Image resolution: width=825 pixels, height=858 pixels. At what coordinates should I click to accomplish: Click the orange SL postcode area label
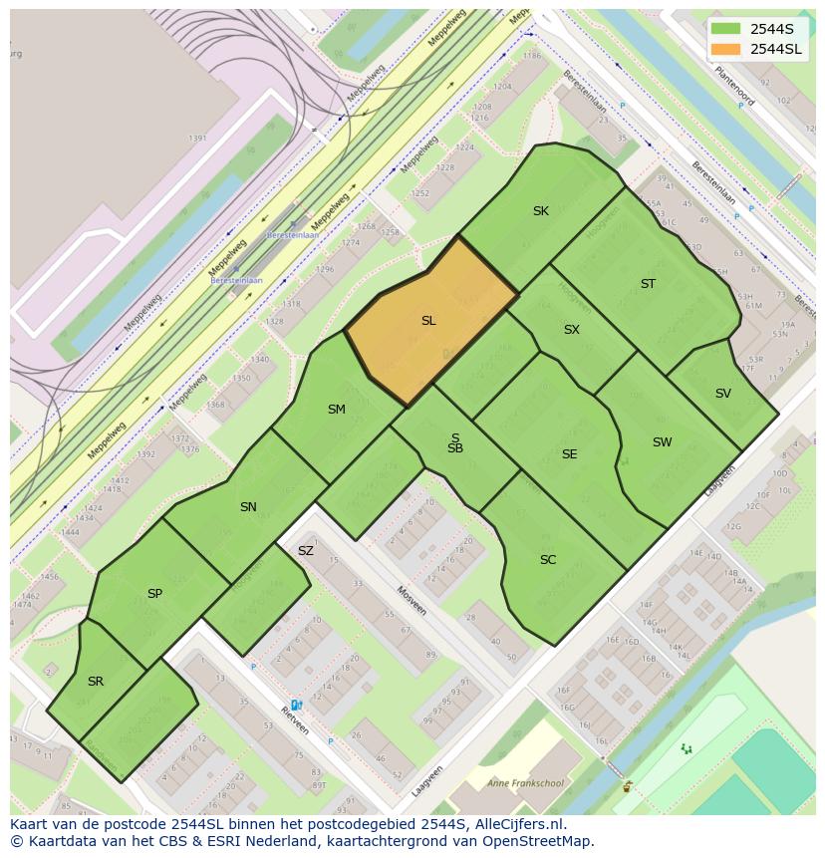[x=428, y=321]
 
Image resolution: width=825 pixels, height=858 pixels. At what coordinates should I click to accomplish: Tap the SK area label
[x=541, y=211]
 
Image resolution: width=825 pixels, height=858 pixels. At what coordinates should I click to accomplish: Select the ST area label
[x=648, y=284]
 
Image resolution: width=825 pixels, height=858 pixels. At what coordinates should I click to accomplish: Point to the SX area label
[x=572, y=330]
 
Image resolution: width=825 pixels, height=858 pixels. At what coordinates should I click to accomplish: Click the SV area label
[x=723, y=394]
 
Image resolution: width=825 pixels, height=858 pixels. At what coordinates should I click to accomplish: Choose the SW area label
[x=663, y=442]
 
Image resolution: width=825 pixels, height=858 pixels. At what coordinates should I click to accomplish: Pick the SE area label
[x=570, y=454]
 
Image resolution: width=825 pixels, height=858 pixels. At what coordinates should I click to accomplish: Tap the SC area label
[x=548, y=560]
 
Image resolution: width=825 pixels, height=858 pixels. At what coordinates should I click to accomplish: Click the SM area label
[x=337, y=410]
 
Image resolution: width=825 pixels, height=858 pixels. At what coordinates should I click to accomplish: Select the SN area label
[x=248, y=507]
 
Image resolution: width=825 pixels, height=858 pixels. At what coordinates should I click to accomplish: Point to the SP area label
[x=154, y=594]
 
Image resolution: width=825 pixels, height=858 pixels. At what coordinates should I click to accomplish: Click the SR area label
[x=96, y=682]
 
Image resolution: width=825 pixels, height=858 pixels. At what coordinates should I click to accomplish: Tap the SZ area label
[x=306, y=551]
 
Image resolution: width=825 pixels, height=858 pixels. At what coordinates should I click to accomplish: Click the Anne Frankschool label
[x=525, y=783]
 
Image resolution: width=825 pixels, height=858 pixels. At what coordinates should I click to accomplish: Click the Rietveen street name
[x=294, y=720]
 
